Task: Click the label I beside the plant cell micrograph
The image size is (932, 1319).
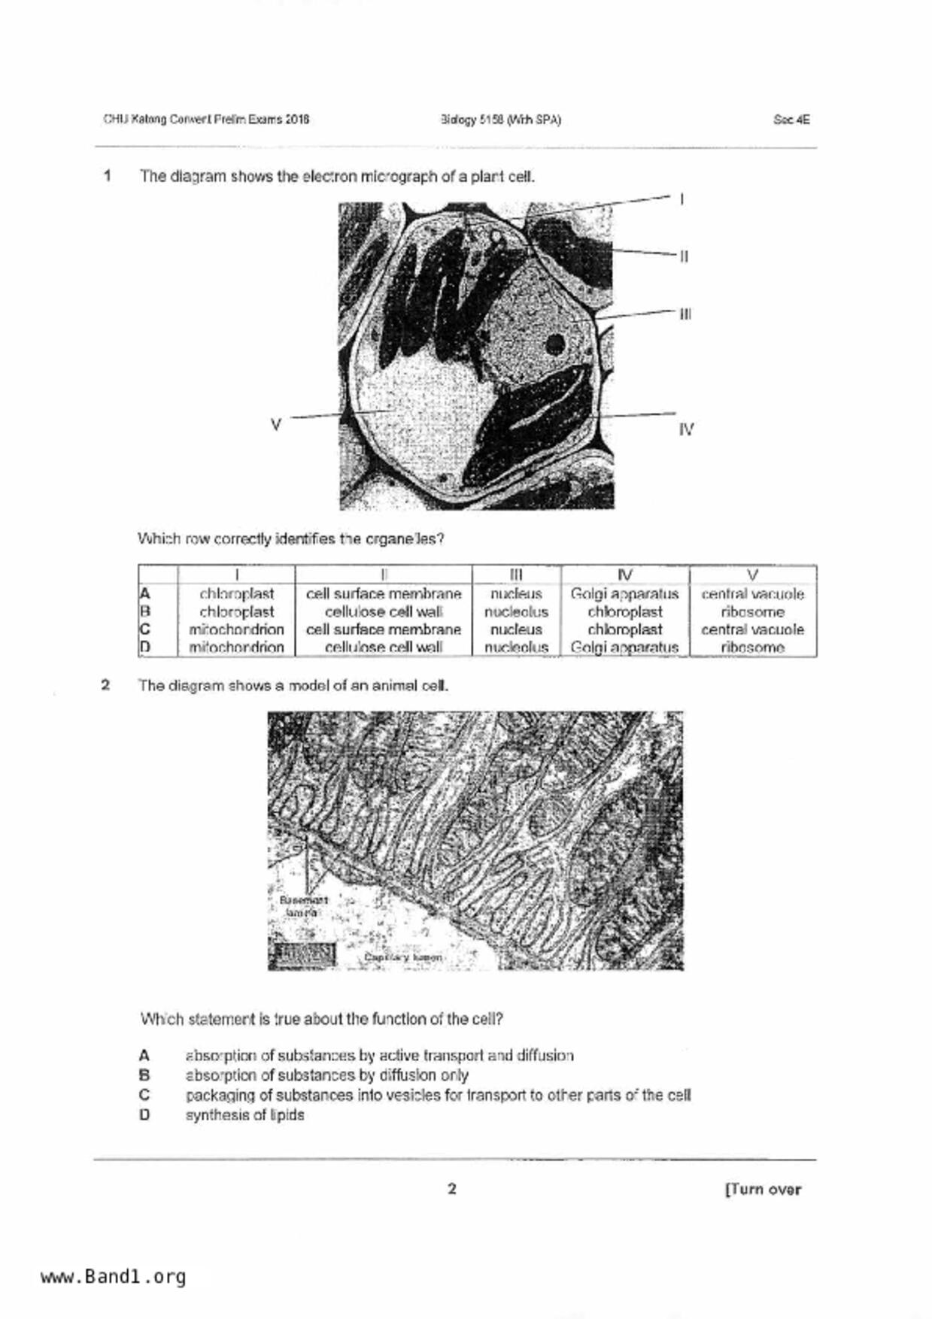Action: pyautogui.click(x=682, y=199)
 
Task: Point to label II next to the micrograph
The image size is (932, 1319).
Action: pyautogui.click(x=684, y=256)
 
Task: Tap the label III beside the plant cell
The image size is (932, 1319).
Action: pyautogui.click(x=685, y=314)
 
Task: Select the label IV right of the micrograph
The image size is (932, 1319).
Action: pyautogui.click(x=686, y=429)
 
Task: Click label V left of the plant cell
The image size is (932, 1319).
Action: pyautogui.click(x=276, y=425)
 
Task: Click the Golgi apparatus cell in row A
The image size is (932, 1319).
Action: pyautogui.click(x=624, y=594)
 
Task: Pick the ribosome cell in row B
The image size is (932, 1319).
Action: pyautogui.click(x=752, y=612)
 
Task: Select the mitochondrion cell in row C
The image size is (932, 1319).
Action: pyautogui.click(x=236, y=629)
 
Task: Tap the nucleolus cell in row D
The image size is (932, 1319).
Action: pyautogui.click(x=516, y=647)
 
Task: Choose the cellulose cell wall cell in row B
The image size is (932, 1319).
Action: pyautogui.click(x=384, y=612)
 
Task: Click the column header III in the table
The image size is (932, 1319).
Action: pyautogui.click(x=516, y=575)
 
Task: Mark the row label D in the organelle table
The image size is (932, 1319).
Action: pyautogui.click(x=145, y=647)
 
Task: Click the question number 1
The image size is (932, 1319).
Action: pyautogui.click(x=108, y=177)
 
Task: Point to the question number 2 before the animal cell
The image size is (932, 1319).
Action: pyautogui.click(x=106, y=685)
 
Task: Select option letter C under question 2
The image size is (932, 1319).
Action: pyautogui.click(x=144, y=1095)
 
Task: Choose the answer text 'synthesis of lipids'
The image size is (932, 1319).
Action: pyautogui.click(x=244, y=1115)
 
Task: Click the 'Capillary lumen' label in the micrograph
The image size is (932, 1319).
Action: pyautogui.click(x=403, y=957)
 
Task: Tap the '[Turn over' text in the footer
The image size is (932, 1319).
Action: pyautogui.click(x=763, y=1190)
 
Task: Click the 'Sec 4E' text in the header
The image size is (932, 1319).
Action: pyautogui.click(x=791, y=120)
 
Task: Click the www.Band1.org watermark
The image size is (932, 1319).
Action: pyautogui.click(x=114, y=1277)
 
